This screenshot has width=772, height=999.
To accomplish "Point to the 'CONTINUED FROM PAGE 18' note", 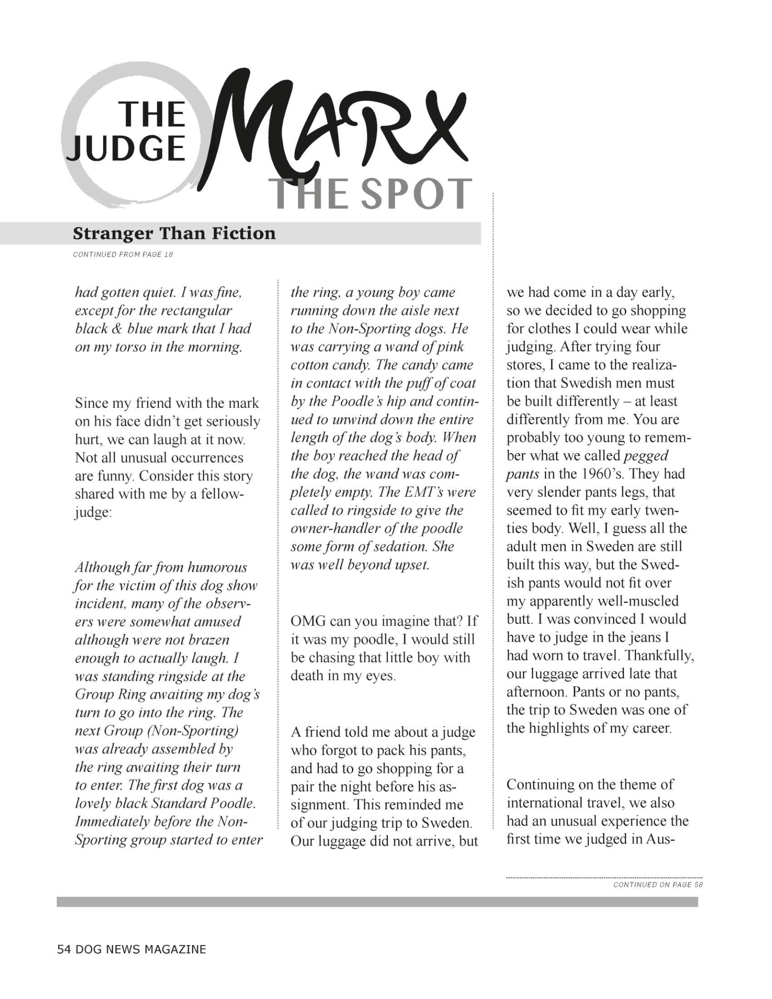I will tap(123, 255).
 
